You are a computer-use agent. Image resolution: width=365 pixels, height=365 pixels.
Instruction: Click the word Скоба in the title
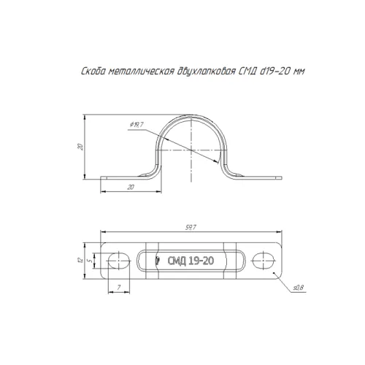93,72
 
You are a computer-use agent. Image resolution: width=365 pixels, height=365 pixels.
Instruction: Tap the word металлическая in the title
141,72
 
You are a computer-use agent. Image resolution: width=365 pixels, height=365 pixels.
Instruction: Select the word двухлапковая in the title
206,72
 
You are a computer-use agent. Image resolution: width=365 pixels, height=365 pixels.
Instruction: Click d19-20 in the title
275,71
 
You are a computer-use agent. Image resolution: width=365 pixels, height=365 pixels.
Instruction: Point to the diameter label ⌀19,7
137,125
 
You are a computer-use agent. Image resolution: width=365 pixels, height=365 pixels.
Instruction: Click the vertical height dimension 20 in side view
80,147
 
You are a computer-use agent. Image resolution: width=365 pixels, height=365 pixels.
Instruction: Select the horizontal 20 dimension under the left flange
131,187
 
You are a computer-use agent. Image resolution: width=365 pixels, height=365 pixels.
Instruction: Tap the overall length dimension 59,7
191,228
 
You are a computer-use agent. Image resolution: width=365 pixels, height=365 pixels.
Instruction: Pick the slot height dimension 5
91,261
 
